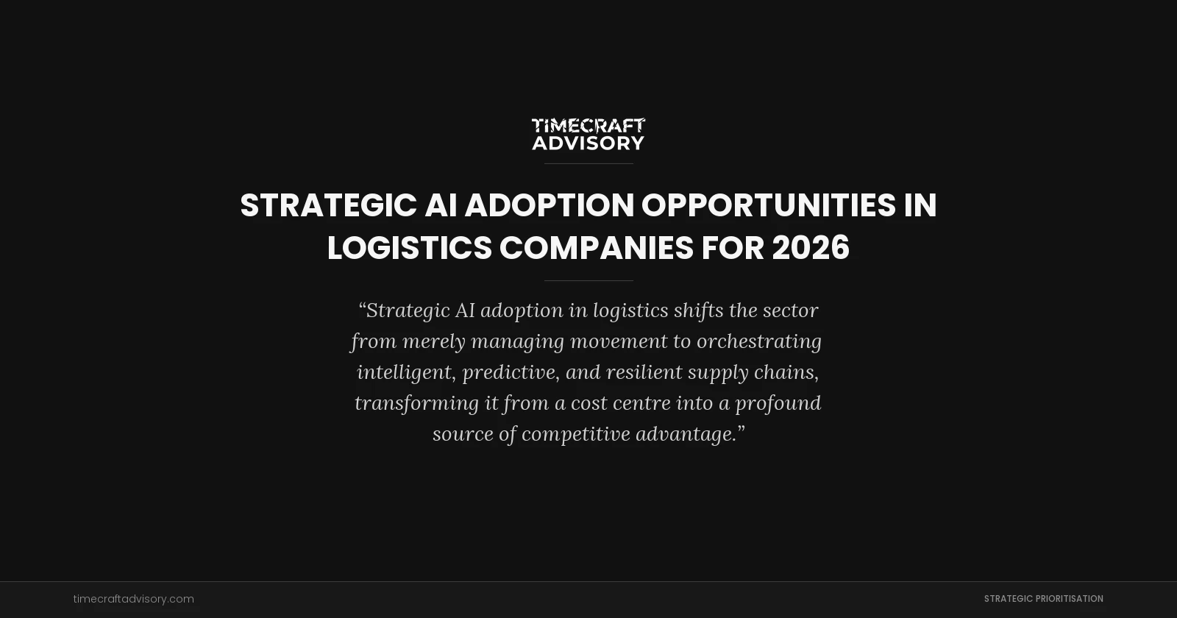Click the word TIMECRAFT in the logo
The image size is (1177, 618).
coord(588,126)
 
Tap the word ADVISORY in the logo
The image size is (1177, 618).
coord(588,143)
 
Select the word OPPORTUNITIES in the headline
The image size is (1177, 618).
coord(768,205)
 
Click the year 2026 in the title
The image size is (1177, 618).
coord(810,248)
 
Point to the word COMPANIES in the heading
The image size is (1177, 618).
coord(596,248)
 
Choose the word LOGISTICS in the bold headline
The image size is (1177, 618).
coord(409,248)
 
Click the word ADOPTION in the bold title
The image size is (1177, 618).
coord(549,205)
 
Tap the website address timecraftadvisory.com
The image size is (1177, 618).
coord(134,599)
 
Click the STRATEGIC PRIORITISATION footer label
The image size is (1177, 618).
coord(1043,599)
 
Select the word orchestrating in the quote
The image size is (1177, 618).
coord(758,341)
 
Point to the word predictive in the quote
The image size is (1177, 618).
coord(508,372)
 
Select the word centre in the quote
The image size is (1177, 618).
coord(644,403)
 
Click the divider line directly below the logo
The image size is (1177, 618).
coord(588,163)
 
